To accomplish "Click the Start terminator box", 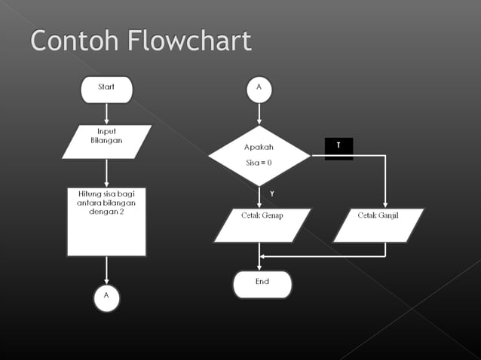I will (106, 89).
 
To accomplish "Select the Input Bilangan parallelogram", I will (106, 141).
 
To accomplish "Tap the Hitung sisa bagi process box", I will (106, 221).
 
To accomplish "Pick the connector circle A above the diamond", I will (259, 88).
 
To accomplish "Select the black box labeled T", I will (339, 146).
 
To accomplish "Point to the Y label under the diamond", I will (272, 194).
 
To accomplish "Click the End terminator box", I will (262, 284).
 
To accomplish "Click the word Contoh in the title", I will (74, 41).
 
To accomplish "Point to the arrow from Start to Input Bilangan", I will (106, 113).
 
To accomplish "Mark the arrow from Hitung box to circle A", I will (106, 270).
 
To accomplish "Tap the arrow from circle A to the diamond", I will (259, 112).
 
